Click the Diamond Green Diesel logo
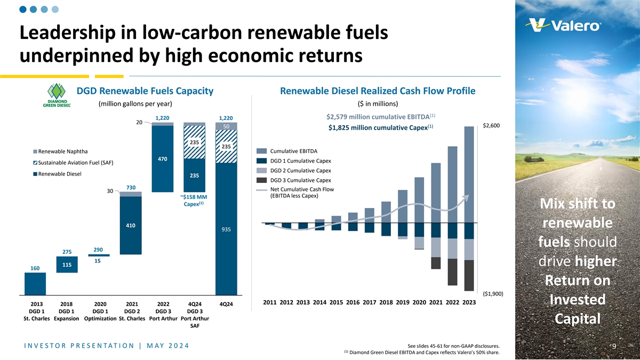[x=57, y=95]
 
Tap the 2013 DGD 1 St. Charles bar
[x=35, y=283]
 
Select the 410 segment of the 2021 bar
[x=130, y=226]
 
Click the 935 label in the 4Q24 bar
[x=226, y=230]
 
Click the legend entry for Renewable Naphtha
[x=60, y=151]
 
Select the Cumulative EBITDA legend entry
[x=287, y=151]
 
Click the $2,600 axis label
[x=491, y=126]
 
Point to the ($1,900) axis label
[x=492, y=293]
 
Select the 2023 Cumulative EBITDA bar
[x=469, y=174]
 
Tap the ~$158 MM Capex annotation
[x=193, y=200]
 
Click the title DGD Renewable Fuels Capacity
[x=145, y=91]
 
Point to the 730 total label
[x=131, y=187]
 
